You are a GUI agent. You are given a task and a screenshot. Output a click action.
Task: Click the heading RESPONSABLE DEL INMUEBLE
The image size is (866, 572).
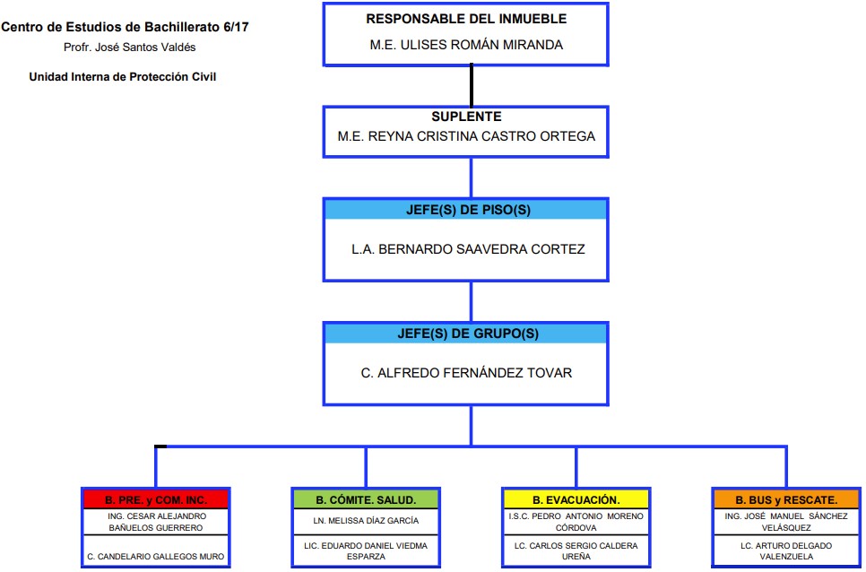(466, 19)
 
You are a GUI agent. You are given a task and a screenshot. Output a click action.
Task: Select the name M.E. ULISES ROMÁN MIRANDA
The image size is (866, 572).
(466, 45)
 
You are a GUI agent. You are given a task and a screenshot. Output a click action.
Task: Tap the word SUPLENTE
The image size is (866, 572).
(466, 117)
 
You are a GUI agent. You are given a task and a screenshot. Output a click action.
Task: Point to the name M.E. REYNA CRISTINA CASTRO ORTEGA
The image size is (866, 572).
(466, 136)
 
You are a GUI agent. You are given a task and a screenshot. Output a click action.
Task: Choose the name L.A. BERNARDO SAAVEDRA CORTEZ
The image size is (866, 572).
(468, 249)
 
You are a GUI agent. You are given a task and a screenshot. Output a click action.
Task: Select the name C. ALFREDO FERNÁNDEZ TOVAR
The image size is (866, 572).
(466, 373)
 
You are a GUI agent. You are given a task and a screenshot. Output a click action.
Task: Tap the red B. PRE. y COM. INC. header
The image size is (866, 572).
(156, 499)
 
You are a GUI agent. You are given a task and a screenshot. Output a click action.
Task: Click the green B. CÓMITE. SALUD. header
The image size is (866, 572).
(366, 499)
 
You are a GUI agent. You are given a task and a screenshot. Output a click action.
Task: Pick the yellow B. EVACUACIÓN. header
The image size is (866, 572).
(576, 499)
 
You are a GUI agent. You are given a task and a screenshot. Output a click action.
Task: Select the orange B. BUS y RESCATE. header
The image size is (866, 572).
(786, 499)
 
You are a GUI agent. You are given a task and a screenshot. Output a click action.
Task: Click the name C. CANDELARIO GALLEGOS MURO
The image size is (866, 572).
(156, 557)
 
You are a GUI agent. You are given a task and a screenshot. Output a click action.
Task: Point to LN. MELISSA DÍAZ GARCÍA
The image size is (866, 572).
(366, 521)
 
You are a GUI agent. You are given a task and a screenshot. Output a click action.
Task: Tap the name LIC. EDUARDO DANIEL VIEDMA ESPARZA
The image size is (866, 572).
(366, 551)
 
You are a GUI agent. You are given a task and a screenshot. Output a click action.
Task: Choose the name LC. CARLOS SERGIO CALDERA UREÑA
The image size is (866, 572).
(576, 551)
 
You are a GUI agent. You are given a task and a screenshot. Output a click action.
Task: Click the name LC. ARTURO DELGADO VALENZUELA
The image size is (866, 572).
(786, 551)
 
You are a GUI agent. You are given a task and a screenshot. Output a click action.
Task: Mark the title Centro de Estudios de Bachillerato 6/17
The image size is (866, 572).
(125, 27)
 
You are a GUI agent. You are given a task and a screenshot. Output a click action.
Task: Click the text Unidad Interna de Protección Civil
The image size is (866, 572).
(123, 77)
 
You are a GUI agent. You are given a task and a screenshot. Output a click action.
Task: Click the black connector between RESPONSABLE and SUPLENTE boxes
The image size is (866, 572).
(472, 85)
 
